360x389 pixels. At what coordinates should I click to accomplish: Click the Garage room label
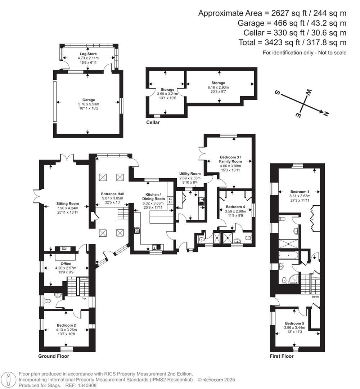(x=88, y=100)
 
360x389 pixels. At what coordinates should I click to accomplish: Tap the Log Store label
(x=88, y=54)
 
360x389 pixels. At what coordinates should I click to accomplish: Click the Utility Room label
(x=190, y=174)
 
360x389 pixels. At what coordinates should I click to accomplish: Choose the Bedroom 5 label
(x=294, y=323)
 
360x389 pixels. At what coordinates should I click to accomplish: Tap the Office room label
(x=66, y=264)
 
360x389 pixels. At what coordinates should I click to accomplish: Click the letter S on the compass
(x=278, y=92)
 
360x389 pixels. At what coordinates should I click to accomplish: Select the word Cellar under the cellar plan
(x=153, y=122)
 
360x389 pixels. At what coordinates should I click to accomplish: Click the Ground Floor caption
(x=54, y=356)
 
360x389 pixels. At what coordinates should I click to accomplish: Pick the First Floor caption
(x=282, y=356)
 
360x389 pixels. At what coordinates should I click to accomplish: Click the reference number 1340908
(x=86, y=385)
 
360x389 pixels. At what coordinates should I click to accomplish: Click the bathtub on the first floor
(x=287, y=256)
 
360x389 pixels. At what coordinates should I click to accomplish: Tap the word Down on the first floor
(x=315, y=297)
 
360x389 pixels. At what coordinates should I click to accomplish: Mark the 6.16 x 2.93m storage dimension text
(x=218, y=87)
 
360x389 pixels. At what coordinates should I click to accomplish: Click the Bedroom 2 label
(x=66, y=325)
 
